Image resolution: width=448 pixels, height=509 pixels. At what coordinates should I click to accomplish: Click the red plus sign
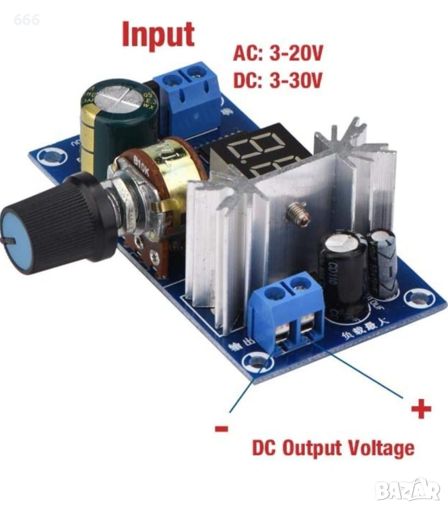pos(420,410)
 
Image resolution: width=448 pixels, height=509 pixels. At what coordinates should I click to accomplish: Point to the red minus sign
pos(221,429)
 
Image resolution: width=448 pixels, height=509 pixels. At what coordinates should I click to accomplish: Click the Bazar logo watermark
pos(407,490)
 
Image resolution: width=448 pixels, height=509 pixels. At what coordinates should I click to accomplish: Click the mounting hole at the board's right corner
pos(417,298)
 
